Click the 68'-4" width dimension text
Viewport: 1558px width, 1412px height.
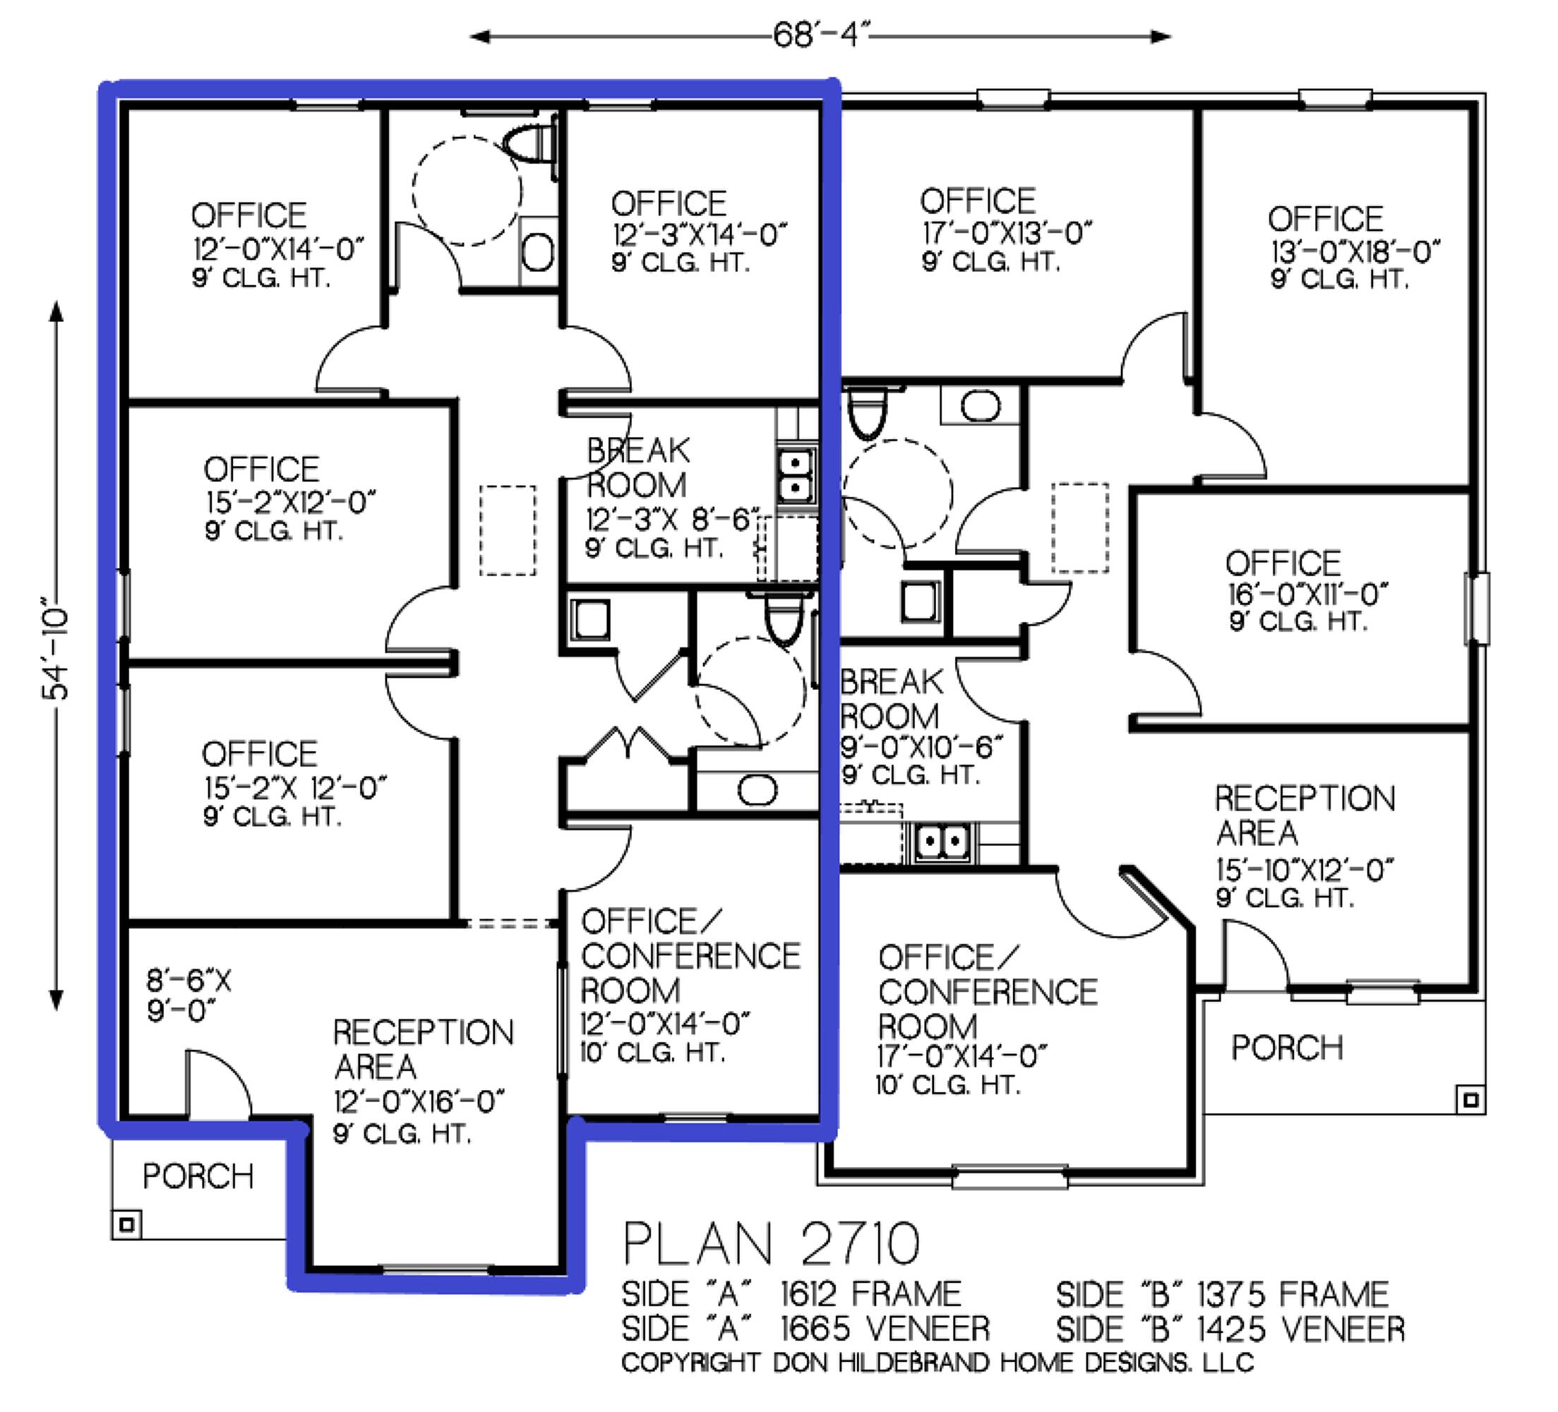click(821, 35)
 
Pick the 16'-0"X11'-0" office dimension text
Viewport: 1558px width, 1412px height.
click(1307, 594)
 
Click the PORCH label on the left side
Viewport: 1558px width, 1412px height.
click(198, 1176)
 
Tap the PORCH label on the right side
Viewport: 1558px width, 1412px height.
click(1287, 1047)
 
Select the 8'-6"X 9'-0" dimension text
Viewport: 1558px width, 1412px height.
click(188, 995)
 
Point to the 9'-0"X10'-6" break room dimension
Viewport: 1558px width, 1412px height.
click(921, 746)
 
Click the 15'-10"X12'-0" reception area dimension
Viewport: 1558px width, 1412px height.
click(1305, 870)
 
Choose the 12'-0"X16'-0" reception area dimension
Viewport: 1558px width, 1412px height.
click(419, 1101)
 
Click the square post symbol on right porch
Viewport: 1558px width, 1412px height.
click(1470, 1099)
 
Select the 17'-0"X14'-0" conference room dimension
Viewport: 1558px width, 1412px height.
click(961, 1055)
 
